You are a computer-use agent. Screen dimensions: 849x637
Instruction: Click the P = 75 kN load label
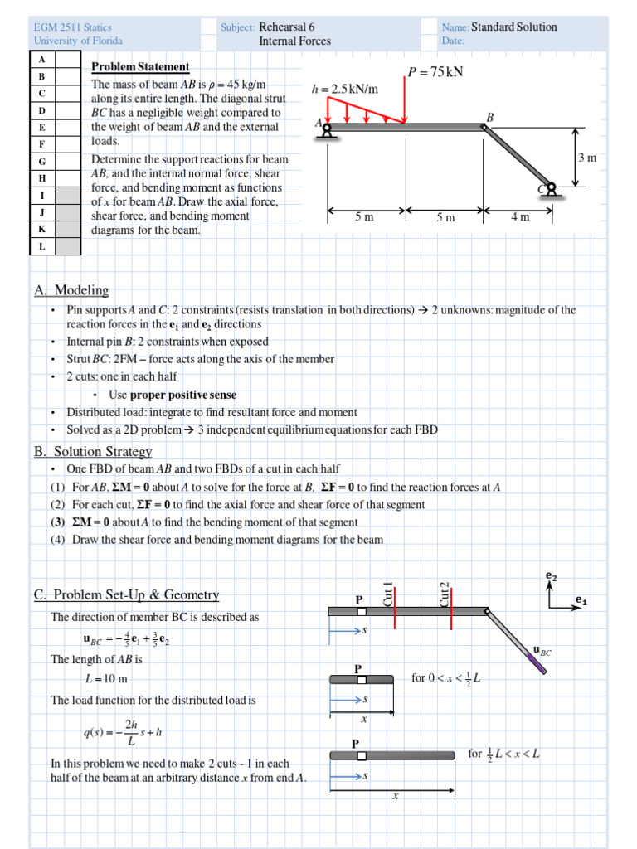tap(435, 72)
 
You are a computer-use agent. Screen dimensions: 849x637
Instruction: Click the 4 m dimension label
tap(520, 217)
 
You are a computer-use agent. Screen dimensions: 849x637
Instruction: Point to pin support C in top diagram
tap(548, 192)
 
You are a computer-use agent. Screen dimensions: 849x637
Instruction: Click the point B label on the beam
tap(489, 118)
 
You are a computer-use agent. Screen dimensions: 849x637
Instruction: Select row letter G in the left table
tap(41, 160)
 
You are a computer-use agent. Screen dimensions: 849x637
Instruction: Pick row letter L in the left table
tap(41, 246)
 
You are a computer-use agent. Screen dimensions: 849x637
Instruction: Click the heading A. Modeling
tap(71, 290)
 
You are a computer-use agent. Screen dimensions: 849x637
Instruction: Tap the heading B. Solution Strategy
tap(93, 451)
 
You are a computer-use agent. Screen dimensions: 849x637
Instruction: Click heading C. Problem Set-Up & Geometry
tap(126, 594)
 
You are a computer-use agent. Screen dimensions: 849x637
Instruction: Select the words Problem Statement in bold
tap(140, 67)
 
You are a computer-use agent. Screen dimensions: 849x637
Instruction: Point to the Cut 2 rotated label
tap(444, 594)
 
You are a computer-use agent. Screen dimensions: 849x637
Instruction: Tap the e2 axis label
tap(552, 575)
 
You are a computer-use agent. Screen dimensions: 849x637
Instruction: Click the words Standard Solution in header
tap(514, 27)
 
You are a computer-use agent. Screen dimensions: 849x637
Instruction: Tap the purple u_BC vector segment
tap(537, 664)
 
